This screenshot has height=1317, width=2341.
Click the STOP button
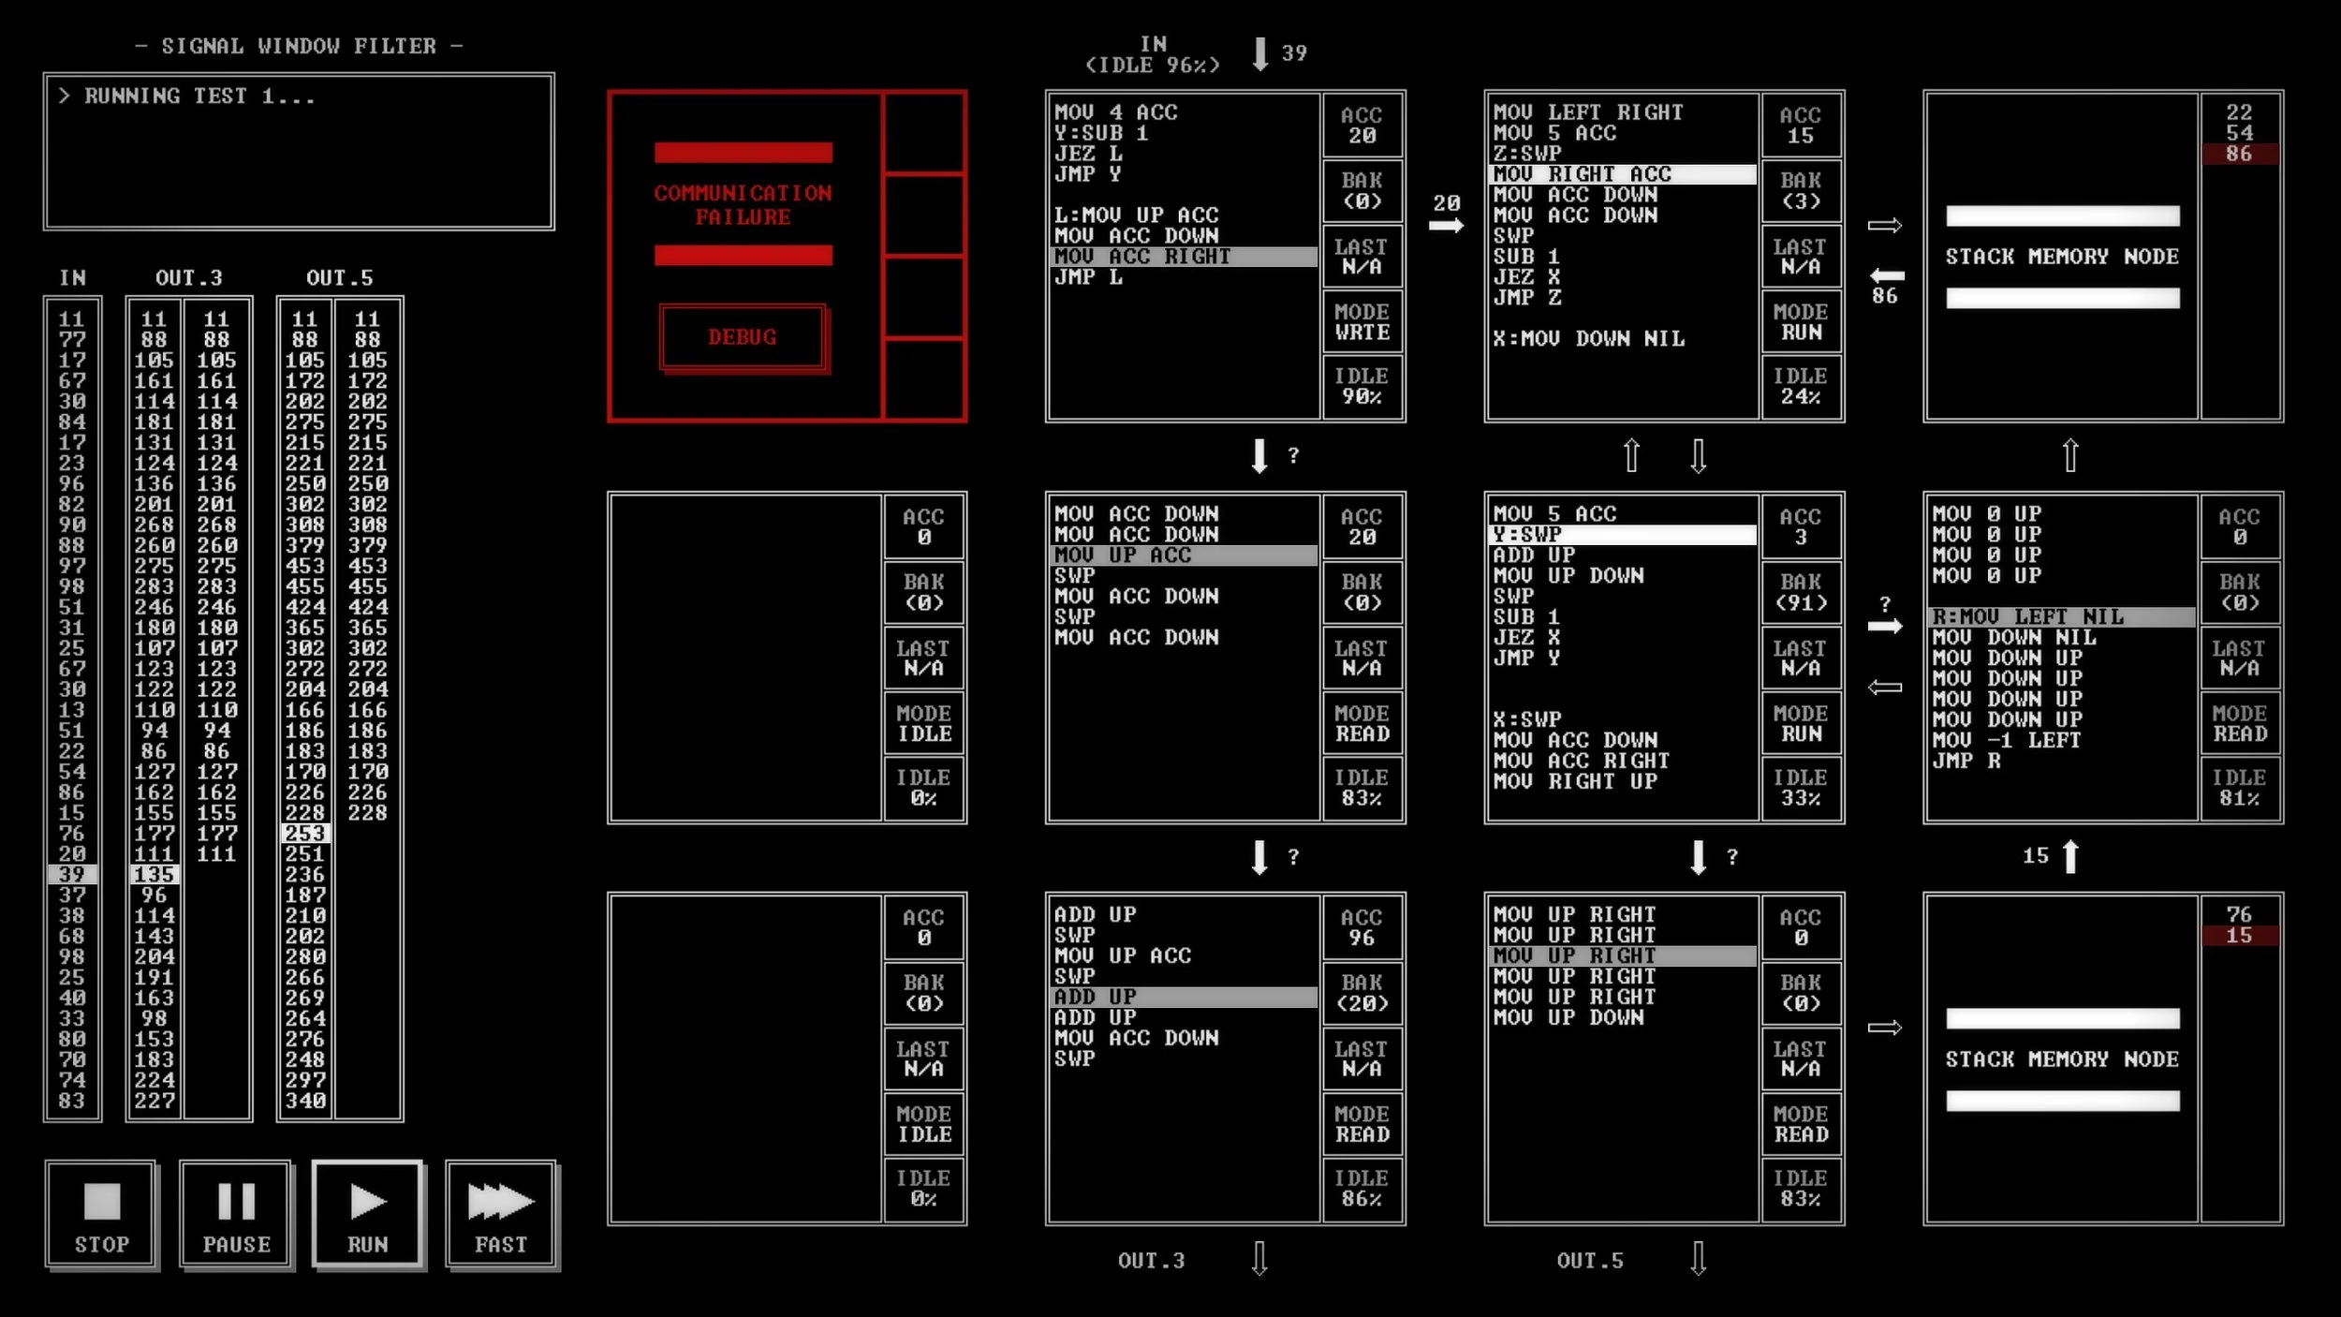point(100,1214)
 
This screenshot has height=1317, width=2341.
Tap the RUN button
point(367,1214)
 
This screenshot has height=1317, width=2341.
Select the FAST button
point(501,1214)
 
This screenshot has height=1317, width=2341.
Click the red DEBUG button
point(743,336)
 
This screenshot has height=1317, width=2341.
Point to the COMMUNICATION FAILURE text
point(743,204)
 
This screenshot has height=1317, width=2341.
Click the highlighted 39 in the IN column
point(72,874)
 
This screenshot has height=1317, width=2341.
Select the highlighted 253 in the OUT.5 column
point(305,833)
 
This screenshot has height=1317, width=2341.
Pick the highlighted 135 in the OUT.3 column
point(155,874)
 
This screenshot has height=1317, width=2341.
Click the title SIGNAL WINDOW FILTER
point(299,46)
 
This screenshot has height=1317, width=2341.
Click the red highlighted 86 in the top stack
point(2239,154)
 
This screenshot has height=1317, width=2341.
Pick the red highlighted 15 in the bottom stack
point(2239,935)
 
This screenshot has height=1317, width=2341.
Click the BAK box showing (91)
point(1801,593)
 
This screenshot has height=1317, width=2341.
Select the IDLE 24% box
point(1801,386)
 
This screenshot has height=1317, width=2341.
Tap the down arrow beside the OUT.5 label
point(1698,1259)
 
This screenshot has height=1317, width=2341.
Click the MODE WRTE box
point(1362,322)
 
